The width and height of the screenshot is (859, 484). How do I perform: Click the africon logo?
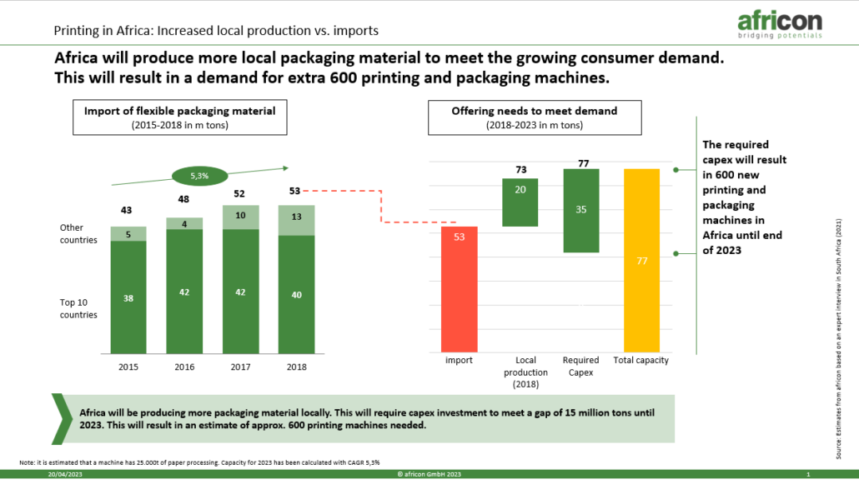click(x=780, y=25)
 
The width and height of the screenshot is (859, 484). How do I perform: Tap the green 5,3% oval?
click(x=199, y=176)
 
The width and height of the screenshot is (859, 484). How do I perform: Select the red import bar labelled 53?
click(x=459, y=289)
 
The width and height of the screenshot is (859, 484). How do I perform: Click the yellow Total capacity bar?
click(x=641, y=261)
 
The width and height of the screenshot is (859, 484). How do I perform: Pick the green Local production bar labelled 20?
click(x=520, y=202)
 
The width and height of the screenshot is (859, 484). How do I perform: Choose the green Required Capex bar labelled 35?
click(x=581, y=210)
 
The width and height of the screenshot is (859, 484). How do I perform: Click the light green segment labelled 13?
click(x=296, y=220)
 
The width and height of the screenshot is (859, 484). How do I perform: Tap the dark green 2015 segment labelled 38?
click(x=128, y=297)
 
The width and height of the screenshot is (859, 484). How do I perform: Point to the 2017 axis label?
click(x=240, y=367)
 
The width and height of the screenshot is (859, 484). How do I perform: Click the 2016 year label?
click(x=184, y=367)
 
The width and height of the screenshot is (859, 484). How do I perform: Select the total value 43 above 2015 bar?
click(x=126, y=210)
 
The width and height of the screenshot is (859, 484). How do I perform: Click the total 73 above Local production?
click(x=521, y=170)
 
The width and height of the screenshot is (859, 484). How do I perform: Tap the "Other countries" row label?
click(x=78, y=234)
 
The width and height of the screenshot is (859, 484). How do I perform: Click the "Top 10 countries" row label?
click(x=78, y=309)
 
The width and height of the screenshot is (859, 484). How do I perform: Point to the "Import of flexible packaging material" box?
click(x=179, y=117)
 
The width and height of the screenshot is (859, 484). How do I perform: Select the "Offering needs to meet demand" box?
click(x=535, y=117)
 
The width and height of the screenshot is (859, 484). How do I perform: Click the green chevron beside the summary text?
click(x=62, y=419)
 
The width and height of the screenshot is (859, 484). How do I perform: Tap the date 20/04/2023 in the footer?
click(x=65, y=474)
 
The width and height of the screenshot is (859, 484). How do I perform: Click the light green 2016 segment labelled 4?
click(x=184, y=223)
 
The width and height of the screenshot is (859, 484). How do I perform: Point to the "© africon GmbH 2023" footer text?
click(x=429, y=474)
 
